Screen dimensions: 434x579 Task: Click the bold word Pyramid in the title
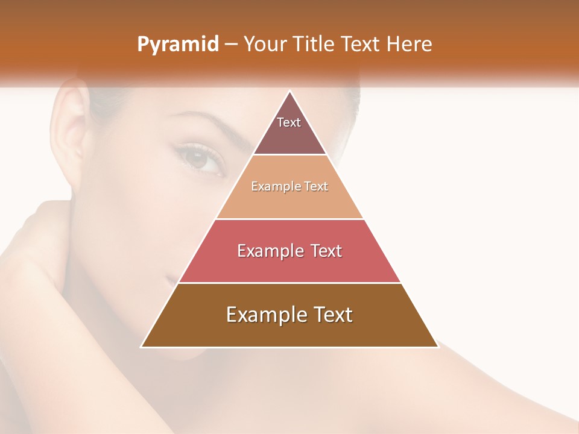click(x=177, y=45)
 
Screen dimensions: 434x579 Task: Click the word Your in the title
click(x=264, y=45)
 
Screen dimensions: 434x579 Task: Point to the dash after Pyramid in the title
click(x=230, y=45)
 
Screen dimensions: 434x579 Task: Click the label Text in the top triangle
click(x=289, y=122)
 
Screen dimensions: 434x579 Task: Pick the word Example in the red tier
click(x=269, y=251)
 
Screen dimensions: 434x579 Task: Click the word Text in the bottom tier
click(x=332, y=315)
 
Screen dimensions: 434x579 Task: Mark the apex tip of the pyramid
click(x=289, y=92)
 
